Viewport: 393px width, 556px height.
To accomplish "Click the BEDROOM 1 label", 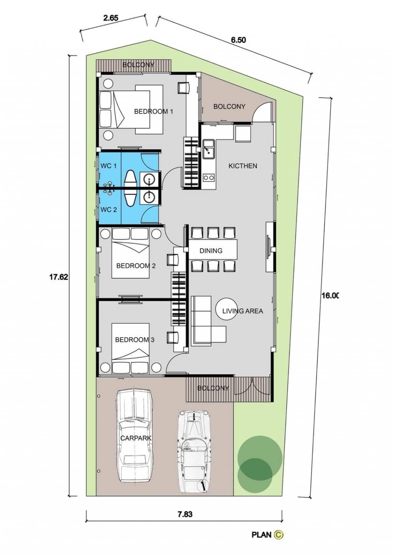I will [x=154, y=111].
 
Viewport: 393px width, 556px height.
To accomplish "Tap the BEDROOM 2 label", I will [x=136, y=266].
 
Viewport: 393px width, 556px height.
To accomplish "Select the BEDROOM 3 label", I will [x=135, y=340].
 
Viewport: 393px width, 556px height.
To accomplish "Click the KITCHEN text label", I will [x=243, y=166].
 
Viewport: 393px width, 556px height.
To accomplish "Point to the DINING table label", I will [x=211, y=251].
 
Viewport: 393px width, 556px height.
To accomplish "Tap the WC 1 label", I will [x=109, y=166].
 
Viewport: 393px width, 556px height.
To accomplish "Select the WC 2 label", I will [x=109, y=210].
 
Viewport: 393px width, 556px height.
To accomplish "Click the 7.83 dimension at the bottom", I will [x=185, y=515].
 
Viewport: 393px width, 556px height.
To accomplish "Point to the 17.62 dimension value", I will [x=58, y=277].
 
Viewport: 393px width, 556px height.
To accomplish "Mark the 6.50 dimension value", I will [x=238, y=40].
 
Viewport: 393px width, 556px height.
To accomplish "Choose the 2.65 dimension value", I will [x=111, y=18].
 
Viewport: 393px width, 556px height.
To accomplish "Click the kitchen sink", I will [x=209, y=149].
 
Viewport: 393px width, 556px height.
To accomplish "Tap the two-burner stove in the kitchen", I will [x=208, y=177].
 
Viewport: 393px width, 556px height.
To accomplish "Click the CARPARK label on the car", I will [x=136, y=438].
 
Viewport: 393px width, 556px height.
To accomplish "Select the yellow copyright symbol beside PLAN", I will [x=279, y=534].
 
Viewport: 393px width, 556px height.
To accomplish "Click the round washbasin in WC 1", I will [x=149, y=179].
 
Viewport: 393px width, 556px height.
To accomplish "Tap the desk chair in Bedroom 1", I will [x=183, y=88].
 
